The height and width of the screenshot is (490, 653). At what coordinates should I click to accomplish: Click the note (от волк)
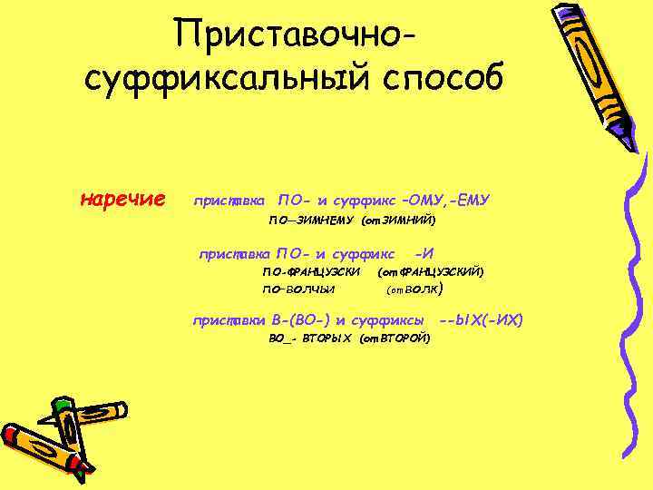(414, 289)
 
